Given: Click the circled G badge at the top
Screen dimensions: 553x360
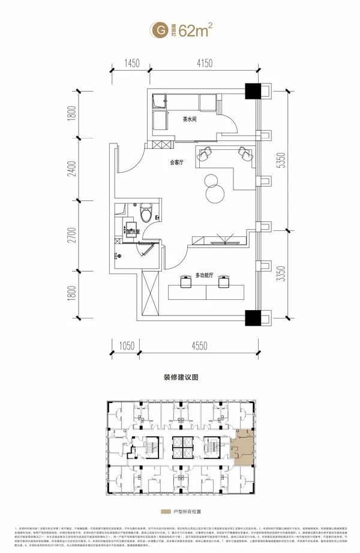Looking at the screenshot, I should [160, 28].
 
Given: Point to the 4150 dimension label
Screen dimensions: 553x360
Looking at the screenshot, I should [206, 62].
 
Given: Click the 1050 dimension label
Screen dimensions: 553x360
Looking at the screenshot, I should [125, 345].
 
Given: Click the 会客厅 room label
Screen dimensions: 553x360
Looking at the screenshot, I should [176, 161].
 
